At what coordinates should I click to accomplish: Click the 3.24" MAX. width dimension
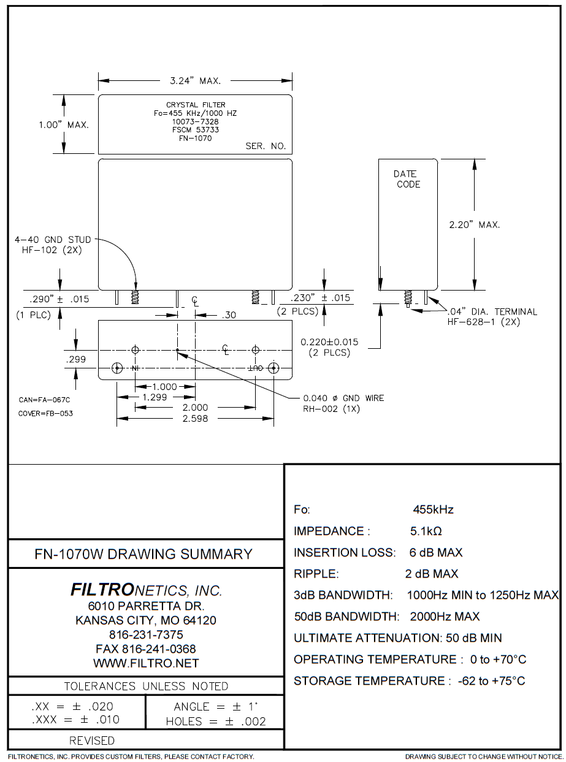[x=195, y=80]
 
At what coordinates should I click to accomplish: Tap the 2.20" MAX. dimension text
[x=475, y=225]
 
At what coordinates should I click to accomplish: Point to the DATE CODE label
[x=407, y=179]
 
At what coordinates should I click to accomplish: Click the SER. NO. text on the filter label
[x=266, y=147]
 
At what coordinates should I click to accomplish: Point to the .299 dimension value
[x=76, y=360]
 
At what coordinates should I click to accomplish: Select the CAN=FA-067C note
[x=45, y=400]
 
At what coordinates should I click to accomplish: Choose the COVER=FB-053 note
[x=47, y=413]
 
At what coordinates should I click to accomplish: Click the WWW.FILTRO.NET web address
[x=146, y=663]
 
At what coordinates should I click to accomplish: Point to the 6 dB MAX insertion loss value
[x=436, y=552]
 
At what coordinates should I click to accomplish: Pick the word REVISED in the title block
[x=92, y=741]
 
